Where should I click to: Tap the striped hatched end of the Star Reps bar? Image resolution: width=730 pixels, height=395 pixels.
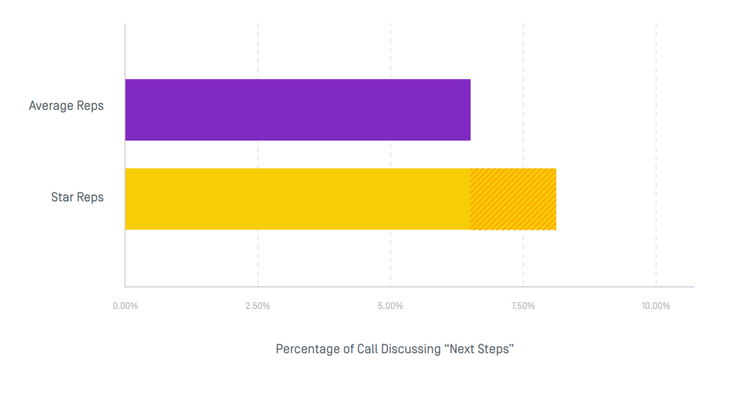point(513,199)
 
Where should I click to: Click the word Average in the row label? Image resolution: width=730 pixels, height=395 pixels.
point(51,106)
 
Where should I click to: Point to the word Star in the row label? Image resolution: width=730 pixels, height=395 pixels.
point(61,197)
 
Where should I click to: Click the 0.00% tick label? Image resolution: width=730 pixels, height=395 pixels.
point(125,306)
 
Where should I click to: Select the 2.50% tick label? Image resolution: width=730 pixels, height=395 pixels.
point(258,306)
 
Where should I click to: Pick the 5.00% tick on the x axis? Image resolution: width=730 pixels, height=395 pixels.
point(390,306)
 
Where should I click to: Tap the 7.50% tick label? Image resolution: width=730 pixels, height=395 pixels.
point(523,306)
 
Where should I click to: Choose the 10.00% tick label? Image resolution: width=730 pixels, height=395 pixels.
point(656,306)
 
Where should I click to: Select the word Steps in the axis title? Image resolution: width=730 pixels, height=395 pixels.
point(495,349)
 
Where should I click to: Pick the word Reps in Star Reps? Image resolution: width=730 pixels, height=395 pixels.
point(90,197)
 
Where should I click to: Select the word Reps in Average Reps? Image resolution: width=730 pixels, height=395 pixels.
point(90,106)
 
